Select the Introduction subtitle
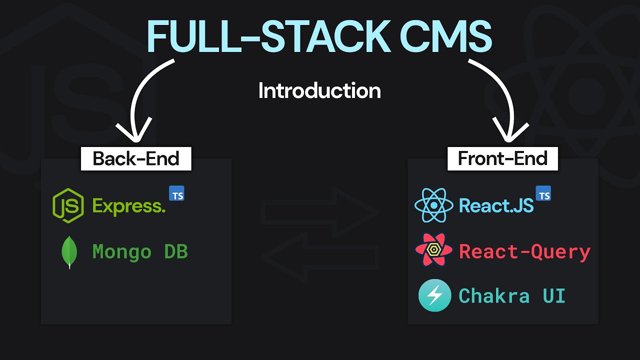tap(319, 91)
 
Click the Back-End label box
tap(136, 158)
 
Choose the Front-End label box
tap(502, 158)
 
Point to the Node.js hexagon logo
tap(68, 205)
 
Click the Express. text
tap(129, 206)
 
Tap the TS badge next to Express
tap(176, 194)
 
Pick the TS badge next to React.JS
tap(543, 194)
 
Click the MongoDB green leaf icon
tap(69, 252)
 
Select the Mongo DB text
tap(140, 251)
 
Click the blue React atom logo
tap(433, 205)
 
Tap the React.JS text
tap(496, 205)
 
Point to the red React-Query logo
tap(433, 250)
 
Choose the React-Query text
tap(524, 251)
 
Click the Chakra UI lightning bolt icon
tap(434, 295)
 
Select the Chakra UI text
tap(512, 296)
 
